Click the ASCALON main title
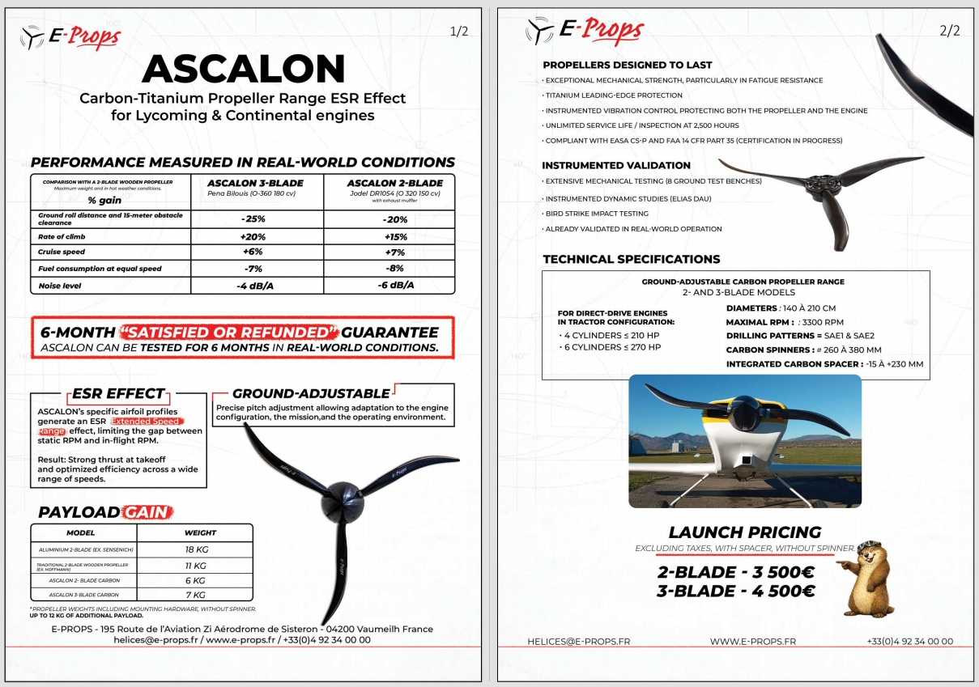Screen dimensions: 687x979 click(x=243, y=70)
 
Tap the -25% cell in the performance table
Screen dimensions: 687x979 click(x=253, y=219)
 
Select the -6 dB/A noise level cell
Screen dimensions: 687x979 click(x=395, y=286)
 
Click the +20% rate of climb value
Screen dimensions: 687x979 click(x=253, y=237)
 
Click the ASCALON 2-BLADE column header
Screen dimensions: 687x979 click(x=394, y=184)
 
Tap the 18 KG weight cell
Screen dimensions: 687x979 click(x=196, y=549)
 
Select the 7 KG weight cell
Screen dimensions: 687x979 click(x=196, y=596)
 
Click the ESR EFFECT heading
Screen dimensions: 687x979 click(x=118, y=394)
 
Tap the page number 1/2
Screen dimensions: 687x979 click(x=459, y=32)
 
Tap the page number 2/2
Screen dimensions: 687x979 click(x=950, y=32)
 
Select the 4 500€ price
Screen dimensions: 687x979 click(x=778, y=591)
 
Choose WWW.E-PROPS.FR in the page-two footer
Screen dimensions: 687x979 click(x=752, y=642)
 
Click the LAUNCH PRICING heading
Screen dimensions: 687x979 click(x=744, y=532)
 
